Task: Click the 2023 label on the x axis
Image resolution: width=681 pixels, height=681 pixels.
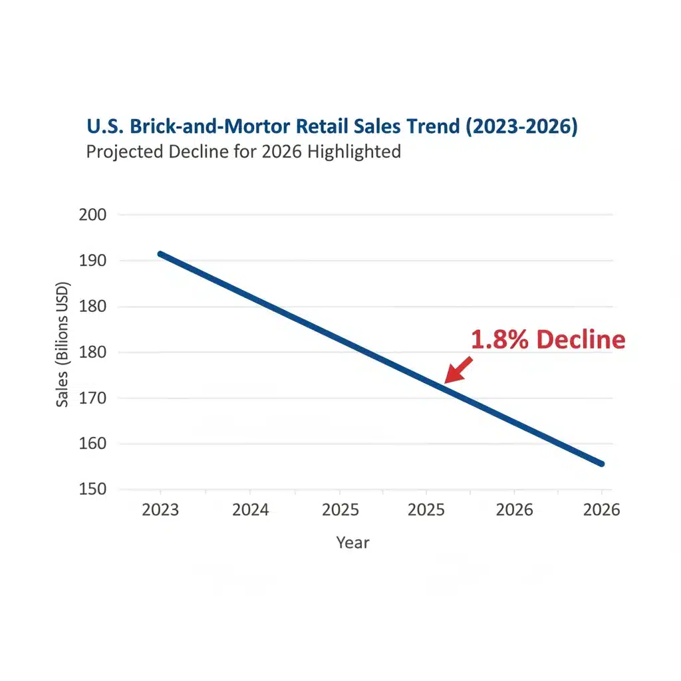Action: [x=160, y=510]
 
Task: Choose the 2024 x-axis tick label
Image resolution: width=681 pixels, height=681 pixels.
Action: [x=250, y=510]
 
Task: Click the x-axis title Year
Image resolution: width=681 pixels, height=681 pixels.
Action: [x=352, y=543]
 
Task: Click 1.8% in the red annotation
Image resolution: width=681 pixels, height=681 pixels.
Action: [x=500, y=340]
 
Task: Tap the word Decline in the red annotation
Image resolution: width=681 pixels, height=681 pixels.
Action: [x=581, y=340]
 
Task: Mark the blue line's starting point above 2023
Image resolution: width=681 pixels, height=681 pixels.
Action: [x=160, y=254]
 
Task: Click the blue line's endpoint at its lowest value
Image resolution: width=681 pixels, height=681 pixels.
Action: [x=601, y=464]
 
